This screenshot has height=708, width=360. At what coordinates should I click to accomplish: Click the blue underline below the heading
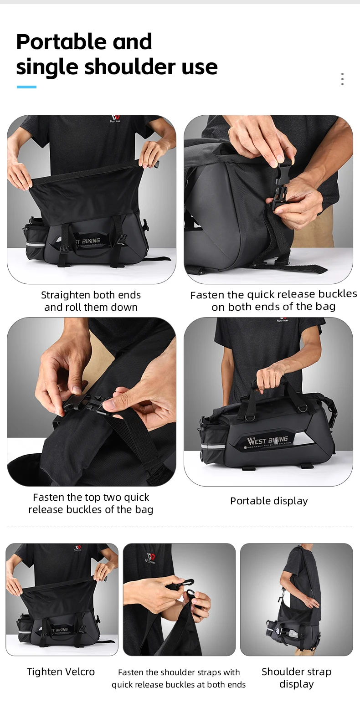pos(26,87)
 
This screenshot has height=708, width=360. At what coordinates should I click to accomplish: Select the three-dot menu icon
pos(342,79)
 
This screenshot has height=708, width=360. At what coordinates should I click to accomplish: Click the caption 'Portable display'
pos(269,501)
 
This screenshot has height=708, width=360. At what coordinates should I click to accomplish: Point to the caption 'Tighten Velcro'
pos(61,672)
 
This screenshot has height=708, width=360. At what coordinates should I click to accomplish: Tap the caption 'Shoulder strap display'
pos(296,678)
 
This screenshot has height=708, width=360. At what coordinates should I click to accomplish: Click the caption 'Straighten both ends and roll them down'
pos(91,301)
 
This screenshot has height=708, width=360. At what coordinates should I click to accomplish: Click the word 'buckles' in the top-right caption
pos(338,294)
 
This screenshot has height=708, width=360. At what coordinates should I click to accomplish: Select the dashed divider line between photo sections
pos(180,527)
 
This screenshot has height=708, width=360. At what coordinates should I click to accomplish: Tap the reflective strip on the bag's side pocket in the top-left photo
pos(35,244)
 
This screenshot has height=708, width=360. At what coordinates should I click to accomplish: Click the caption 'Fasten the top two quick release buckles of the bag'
pos(91,503)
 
